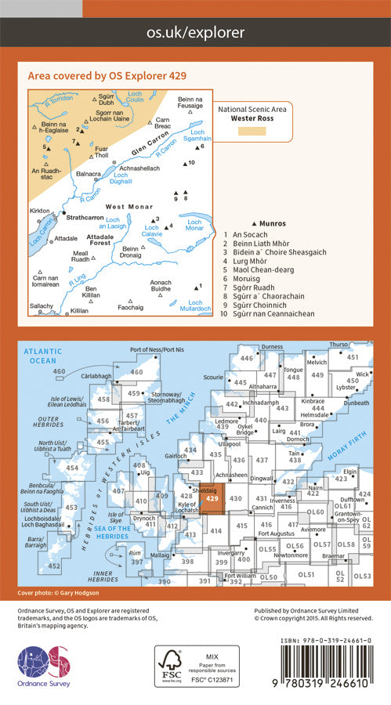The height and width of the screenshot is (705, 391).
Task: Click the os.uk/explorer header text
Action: pyautogui.click(x=195, y=32)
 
